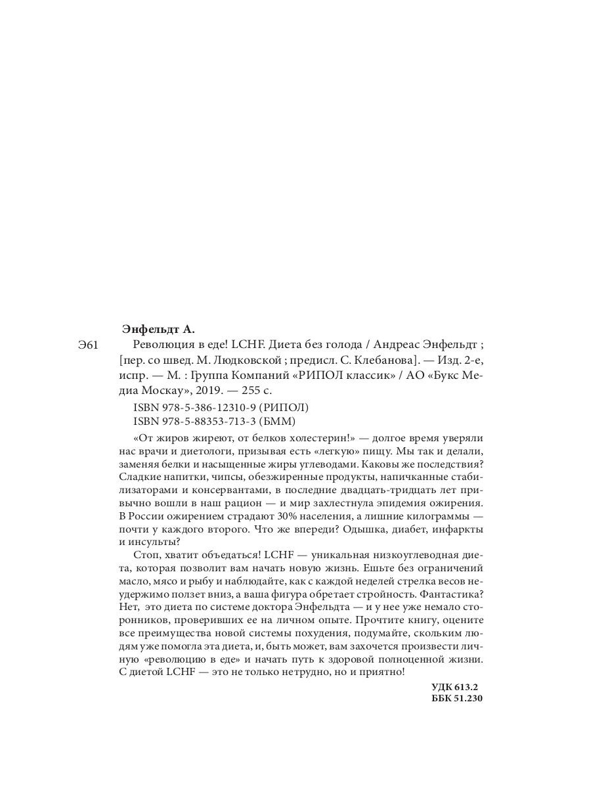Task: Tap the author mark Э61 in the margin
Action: [x=89, y=345]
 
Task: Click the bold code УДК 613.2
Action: [x=454, y=687]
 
